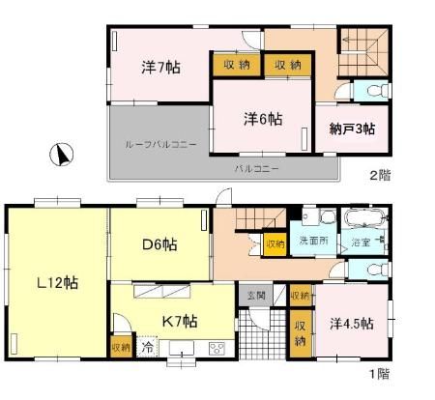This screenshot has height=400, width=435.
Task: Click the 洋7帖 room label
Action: [160, 68]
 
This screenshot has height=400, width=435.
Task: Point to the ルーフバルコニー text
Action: [160, 143]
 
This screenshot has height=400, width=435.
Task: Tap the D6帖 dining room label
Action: [159, 243]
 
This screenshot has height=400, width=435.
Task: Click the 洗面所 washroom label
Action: [312, 241]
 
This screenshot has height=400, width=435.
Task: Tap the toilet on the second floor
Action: [376, 92]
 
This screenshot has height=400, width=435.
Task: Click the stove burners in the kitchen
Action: [217, 349]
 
